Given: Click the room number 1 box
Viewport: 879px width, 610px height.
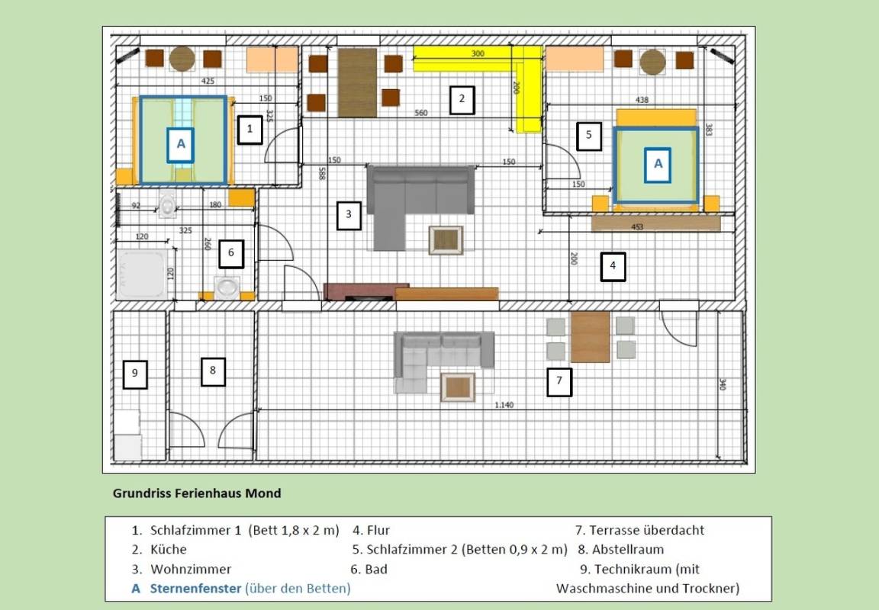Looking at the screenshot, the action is pos(250,130).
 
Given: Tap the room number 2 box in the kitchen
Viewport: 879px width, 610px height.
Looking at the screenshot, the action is pos(462,100).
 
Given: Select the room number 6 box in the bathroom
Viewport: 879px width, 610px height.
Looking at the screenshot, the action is pos(231,253).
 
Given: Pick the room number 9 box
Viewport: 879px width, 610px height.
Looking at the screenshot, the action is pos(134,374).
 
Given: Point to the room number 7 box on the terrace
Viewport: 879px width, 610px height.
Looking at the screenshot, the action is pos(559,382).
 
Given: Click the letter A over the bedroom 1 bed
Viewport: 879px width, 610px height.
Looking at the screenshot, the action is pos(181,145).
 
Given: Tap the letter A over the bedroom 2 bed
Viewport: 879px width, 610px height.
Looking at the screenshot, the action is pos(658,165).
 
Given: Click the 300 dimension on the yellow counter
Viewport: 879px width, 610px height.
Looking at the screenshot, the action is pos(478,54).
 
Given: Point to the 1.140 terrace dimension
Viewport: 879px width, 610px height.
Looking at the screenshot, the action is pos(504,404).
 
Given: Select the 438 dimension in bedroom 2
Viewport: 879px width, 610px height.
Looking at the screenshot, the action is pos(642,100).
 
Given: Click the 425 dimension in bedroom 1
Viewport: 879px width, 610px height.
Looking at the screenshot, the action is pos(208,81).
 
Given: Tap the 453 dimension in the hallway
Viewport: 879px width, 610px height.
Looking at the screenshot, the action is pos(637,227).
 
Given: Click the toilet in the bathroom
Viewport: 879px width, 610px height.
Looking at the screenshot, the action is pos(168,204).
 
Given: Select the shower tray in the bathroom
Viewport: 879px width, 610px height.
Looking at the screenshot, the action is pos(142,274).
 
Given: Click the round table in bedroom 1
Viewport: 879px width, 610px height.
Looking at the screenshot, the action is pos(182,59).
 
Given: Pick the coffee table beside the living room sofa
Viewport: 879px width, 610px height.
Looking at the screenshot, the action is pos(446,240).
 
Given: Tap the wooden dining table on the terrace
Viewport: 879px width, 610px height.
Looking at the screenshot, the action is pos(590,337).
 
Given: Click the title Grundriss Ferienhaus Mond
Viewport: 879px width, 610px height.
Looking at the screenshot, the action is pos(197,493).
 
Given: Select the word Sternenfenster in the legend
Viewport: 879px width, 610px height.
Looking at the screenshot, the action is pos(195,588).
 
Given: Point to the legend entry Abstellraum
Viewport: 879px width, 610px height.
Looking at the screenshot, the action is pos(628,550).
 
